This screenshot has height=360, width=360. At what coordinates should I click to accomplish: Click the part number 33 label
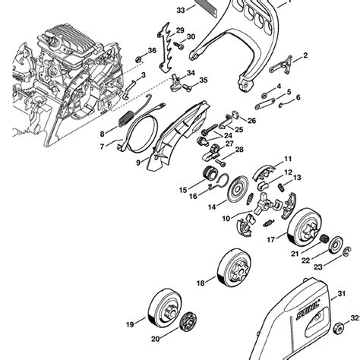(180, 11)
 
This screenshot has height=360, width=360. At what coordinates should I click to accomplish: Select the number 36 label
(152, 51)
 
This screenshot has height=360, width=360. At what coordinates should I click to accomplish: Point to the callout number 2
(305, 55)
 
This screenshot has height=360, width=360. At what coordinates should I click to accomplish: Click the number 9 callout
(138, 162)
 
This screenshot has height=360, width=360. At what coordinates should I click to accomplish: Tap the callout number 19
(131, 324)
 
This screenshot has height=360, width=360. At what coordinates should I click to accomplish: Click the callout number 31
(340, 292)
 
